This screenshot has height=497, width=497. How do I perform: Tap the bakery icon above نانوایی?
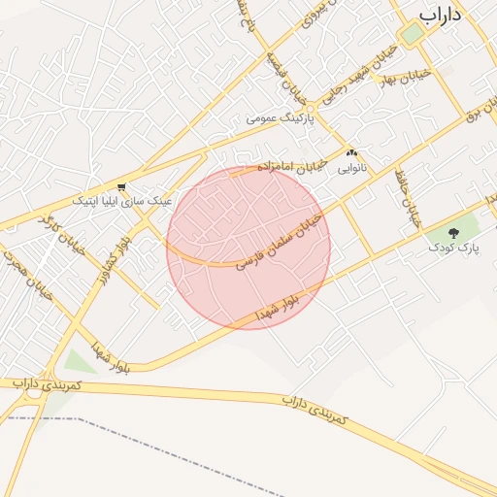(351, 152)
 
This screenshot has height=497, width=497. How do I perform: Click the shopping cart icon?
(120, 186)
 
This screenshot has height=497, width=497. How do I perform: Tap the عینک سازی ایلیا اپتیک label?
(123, 200)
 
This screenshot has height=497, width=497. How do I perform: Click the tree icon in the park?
(455, 232)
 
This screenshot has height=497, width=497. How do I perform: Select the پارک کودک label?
(455, 248)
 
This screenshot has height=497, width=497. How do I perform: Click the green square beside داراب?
(413, 35)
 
